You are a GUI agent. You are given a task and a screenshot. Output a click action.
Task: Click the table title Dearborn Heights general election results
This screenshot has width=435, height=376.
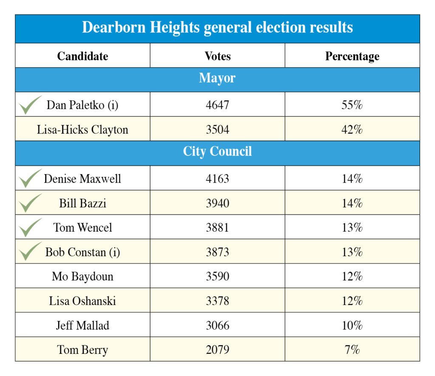tap(217, 28)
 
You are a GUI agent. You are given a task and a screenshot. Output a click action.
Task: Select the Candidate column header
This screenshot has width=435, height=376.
tap(82, 56)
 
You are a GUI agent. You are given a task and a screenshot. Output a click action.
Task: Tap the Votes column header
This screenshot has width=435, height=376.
tap(217, 56)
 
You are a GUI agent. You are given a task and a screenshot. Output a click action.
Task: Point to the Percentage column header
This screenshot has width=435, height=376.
tap(352, 56)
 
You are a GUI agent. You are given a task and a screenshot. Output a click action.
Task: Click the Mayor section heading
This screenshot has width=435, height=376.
tap(217, 79)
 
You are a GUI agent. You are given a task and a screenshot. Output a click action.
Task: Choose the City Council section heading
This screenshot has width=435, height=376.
tap(217, 152)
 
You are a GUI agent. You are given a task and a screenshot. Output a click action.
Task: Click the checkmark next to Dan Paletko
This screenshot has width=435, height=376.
tap(30, 105)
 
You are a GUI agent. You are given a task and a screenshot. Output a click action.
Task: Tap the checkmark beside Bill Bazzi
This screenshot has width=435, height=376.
tap(30, 203)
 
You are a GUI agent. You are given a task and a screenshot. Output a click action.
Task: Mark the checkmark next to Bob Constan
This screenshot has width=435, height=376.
tap(30, 252)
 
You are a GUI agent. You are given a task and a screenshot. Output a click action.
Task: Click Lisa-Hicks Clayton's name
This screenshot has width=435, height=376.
tap(82, 130)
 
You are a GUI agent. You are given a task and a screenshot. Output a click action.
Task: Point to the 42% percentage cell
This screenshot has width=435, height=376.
tap(352, 130)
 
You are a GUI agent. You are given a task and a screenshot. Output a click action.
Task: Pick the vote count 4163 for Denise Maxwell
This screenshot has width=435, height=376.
tap(217, 178)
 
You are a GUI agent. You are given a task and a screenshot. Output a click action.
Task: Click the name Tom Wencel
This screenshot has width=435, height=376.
tap(83, 228)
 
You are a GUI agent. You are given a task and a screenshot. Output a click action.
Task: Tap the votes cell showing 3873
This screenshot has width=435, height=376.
tap(217, 252)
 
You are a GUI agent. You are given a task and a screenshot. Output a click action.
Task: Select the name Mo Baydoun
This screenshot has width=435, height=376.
tap(82, 277)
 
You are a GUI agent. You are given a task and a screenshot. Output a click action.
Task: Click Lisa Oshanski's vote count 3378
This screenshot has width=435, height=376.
tap(217, 301)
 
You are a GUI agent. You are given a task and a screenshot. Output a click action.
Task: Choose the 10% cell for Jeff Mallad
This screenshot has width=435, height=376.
tap(352, 326)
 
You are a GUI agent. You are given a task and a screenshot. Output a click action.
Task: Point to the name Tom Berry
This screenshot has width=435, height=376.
tap(82, 350)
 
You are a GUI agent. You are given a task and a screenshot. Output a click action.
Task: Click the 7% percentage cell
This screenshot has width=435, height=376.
tap(352, 350)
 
